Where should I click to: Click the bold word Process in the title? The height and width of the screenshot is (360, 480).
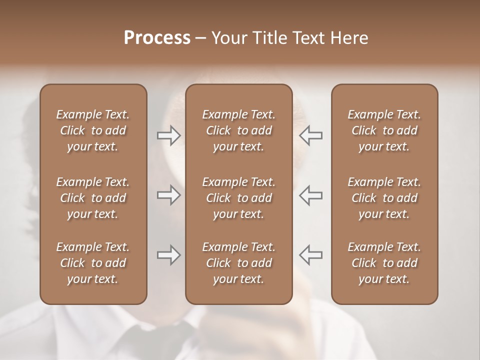point(157,38)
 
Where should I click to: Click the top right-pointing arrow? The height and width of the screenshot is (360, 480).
point(168,135)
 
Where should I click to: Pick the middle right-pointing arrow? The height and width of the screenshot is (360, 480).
point(168,195)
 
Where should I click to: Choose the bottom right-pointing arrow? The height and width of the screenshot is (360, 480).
point(168,255)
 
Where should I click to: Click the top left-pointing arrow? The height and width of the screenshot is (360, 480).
point(310,135)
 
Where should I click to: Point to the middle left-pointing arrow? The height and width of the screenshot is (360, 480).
point(310,195)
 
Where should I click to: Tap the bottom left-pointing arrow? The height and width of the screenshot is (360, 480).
point(310,255)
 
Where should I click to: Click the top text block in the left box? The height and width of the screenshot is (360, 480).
point(93,130)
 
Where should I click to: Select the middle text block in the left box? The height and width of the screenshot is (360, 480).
point(93,198)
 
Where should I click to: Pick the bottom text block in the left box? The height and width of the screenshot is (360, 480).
point(93,263)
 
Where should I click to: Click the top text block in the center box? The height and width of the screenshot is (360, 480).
point(238,130)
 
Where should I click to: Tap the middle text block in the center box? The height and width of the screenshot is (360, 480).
point(238,198)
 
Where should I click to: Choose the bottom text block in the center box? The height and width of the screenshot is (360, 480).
point(238,263)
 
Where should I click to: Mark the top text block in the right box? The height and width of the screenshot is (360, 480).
point(384,130)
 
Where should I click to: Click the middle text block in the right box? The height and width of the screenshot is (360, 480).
point(384,198)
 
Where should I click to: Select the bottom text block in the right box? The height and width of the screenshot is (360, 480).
point(384,263)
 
